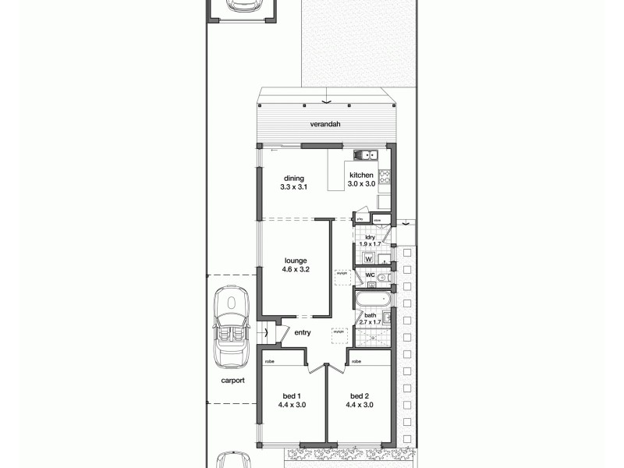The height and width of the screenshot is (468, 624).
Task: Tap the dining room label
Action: [x=294, y=179]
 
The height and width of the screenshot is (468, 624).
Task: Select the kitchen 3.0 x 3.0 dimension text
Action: [x=362, y=183]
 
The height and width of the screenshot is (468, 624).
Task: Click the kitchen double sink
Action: [x=364, y=154]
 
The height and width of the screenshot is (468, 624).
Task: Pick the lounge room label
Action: [x=295, y=261]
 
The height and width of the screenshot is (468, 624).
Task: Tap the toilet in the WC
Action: [x=382, y=277]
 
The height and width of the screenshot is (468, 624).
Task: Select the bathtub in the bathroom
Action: [x=371, y=300]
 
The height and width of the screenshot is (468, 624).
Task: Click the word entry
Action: [x=303, y=333]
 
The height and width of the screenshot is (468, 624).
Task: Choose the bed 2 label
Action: [x=359, y=395]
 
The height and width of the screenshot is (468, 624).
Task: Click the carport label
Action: [x=232, y=381]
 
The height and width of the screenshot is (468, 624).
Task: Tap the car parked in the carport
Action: [x=232, y=327]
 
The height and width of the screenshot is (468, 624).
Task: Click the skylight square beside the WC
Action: [x=342, y=274]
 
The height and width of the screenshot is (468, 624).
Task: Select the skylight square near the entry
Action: [x=339, y=331]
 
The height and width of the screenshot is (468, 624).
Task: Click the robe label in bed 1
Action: [x=269, y=362]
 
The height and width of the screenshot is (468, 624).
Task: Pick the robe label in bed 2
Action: [x=356, y=362]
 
